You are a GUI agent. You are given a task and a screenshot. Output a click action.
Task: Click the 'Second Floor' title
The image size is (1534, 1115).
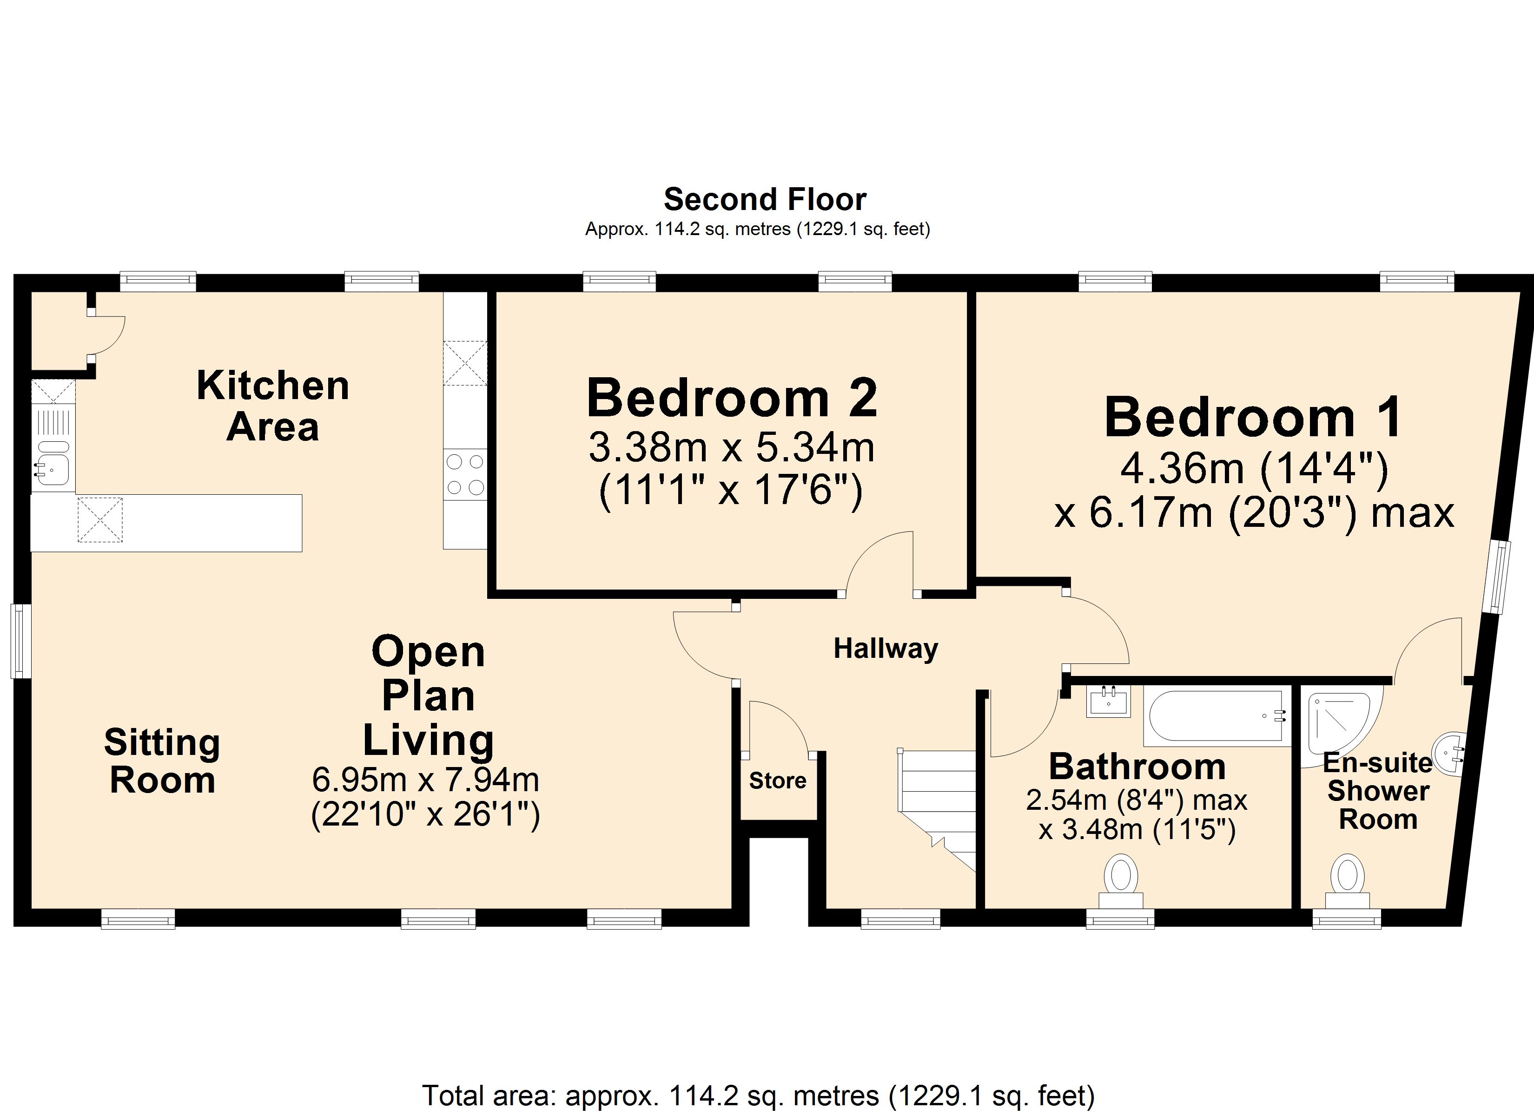(765, 199)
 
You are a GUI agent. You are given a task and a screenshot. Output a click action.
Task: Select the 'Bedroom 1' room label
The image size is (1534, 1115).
(1253, 417)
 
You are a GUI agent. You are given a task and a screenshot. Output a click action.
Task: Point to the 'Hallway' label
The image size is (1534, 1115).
(886, 649)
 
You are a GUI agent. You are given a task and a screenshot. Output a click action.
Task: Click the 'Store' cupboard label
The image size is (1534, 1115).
(777, 781)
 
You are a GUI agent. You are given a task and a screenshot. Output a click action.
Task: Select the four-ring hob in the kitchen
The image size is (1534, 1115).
(465, 475)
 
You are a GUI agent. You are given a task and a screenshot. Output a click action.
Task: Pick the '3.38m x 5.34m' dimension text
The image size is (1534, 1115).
(732, 447)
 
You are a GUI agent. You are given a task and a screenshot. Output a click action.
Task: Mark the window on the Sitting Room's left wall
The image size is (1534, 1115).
(21, 640)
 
